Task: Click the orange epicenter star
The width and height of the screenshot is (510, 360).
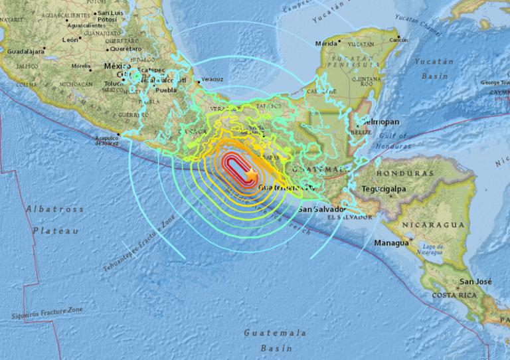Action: pos(252,174)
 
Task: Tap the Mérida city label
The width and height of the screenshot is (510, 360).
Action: pos(326,43)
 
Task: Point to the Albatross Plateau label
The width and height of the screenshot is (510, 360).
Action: pos(54,220)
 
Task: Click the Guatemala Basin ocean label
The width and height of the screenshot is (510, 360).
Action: pos(275,339)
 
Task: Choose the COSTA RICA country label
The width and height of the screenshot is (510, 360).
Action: pos(455,294)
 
